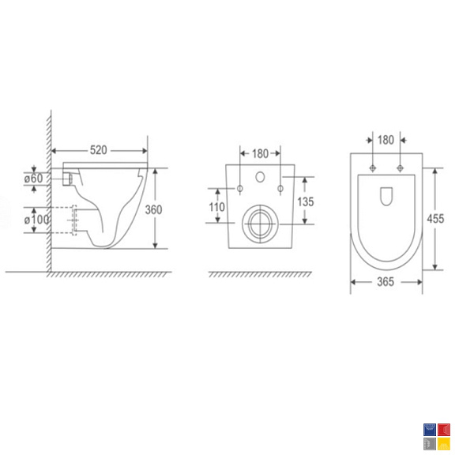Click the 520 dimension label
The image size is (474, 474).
point(99,150)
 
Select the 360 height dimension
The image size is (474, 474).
point(153,209)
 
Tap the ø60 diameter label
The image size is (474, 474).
point(33,179)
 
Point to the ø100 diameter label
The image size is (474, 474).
point(36,220)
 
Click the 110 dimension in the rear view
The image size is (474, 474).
point(216,207)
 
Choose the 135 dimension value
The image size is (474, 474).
point(306,201)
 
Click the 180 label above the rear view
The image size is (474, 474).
point(260,153)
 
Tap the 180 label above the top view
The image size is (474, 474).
point(386,140)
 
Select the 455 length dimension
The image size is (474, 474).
point(435,219)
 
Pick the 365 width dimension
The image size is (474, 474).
point(386,282)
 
